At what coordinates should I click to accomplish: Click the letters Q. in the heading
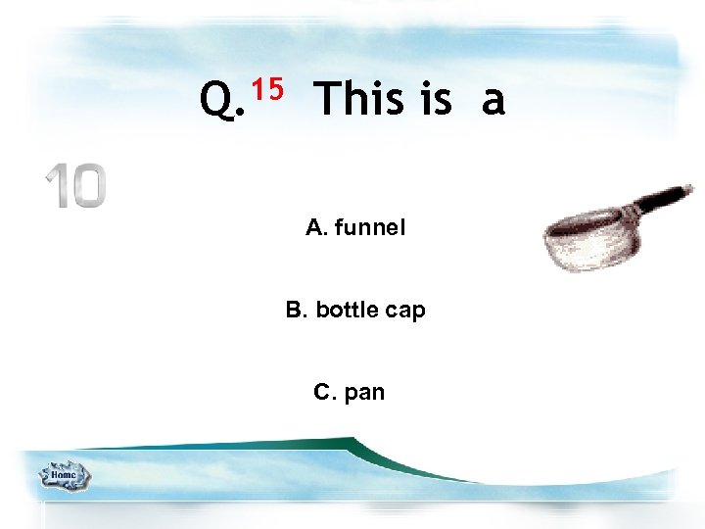222,99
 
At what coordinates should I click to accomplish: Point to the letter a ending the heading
493,101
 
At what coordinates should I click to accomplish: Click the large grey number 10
75,186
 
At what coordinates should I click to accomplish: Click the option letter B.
296,311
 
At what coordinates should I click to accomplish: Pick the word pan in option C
365,394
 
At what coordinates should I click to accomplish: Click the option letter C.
324,393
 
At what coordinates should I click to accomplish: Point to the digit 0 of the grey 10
87,186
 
